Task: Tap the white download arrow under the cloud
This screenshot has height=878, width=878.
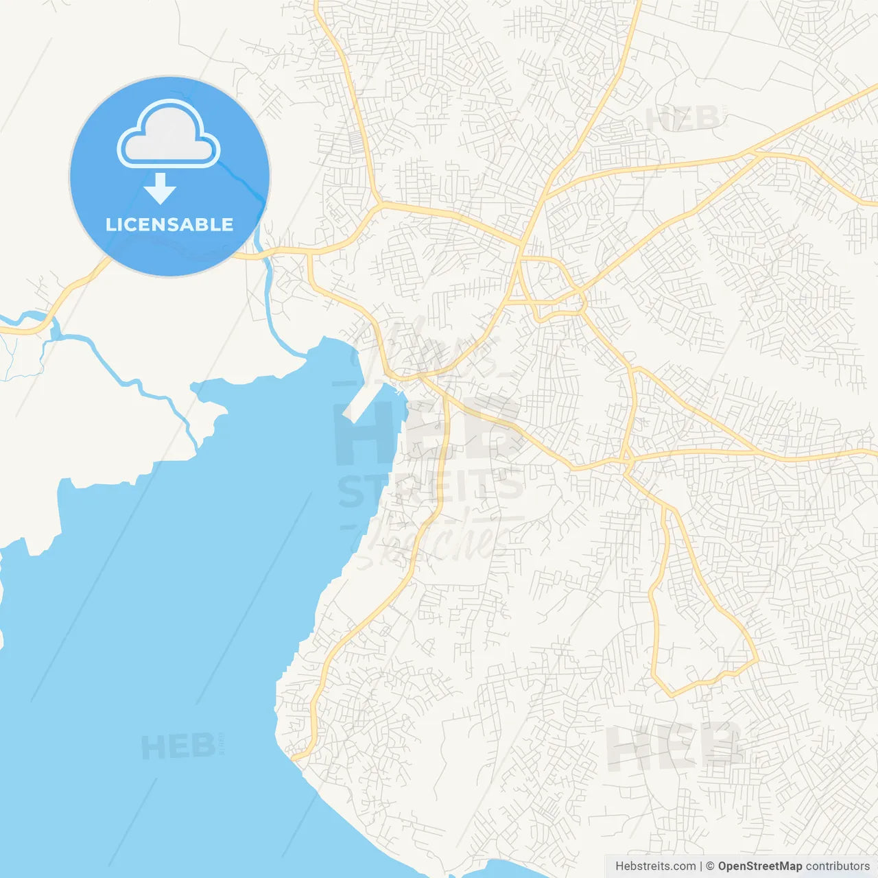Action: [x=161, y=189]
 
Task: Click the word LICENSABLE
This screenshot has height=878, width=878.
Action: [x=169, y=224]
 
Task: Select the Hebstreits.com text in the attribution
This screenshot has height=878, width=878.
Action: [x=655, y=866]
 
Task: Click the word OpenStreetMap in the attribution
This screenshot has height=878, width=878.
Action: [x=759, y=866]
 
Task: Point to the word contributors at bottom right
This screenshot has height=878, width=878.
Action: [x=838, y=866]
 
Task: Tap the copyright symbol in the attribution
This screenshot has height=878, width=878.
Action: [x=710, y=866]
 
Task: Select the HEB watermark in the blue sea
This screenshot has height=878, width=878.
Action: [x=178, y=746]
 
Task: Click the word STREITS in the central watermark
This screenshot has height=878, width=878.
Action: [x=431, y=488]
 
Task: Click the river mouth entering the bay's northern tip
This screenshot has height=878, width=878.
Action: [x=302, y=354]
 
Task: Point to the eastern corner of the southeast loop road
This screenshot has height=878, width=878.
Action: [x=757, y=661]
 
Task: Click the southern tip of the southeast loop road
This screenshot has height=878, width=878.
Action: [x=671, y=696]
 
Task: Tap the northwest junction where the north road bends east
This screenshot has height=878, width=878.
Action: [x=378, y=204]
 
